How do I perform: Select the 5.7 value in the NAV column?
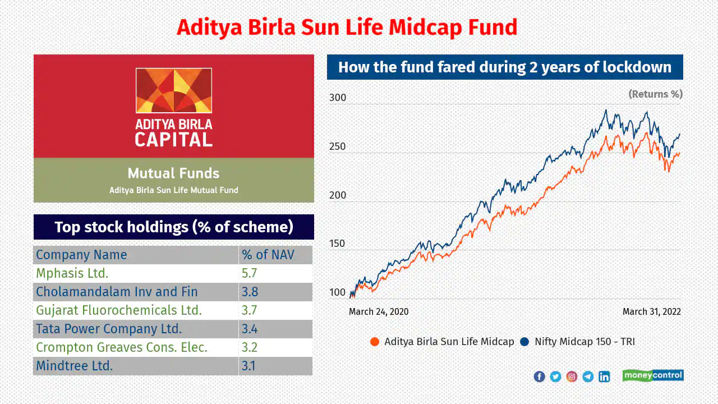[249, 273]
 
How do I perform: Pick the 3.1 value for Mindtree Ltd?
[248, 366]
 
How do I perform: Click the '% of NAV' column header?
[268, 255]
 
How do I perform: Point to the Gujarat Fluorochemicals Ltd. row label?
[119, 310]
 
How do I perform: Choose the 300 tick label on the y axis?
[338, 98]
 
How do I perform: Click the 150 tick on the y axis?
[337, 244]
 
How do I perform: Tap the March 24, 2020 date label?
[379, 311]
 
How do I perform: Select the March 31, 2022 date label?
[652, 311]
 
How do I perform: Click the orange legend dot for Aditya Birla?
[374, 342]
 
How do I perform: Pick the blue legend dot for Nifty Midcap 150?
[524, 342]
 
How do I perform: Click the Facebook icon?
[540, 377]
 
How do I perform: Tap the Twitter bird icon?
[555, 377]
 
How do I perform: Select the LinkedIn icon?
[604, 377]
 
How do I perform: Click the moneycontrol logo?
[653, 375]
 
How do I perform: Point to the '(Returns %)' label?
[656, 94]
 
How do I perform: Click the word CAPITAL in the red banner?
[174, 140]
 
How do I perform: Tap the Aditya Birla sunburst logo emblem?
[174, 90]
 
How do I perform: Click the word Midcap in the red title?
[425, 27]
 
